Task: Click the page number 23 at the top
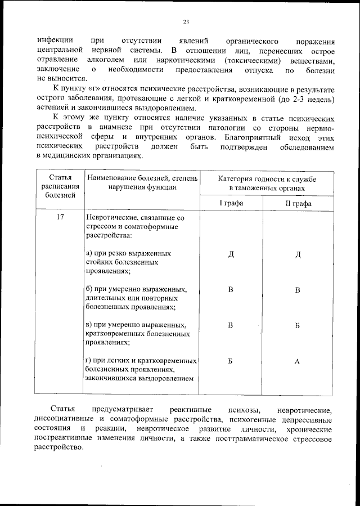(185, 23)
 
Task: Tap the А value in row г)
(298, 361)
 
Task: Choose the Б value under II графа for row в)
(298, 325)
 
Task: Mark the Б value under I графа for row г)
(231, 361)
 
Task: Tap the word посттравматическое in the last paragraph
(231, 439)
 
